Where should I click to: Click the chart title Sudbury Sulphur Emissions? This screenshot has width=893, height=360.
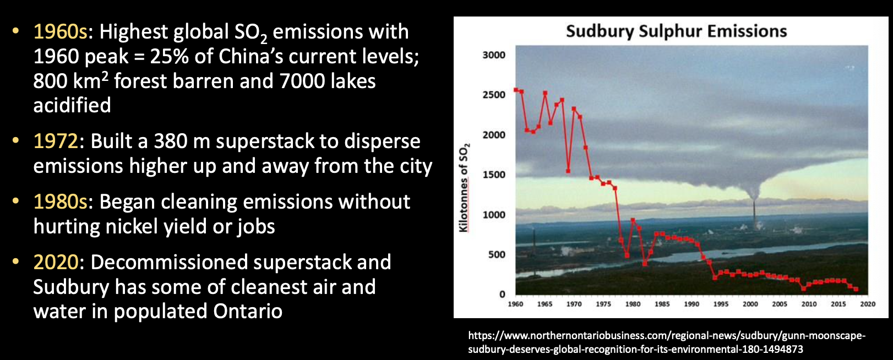coord(677,31)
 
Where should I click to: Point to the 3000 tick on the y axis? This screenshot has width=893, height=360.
coord(493,55)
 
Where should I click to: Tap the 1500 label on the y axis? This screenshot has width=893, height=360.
coord(493,174)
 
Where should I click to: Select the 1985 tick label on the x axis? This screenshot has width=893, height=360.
coord(662,304)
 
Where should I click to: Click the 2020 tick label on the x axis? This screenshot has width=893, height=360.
coord(868,304)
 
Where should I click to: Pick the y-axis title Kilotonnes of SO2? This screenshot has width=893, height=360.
coord(464,187)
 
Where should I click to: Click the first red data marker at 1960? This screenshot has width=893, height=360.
coord(516,90)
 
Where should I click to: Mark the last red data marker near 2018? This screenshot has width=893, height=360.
coord(856,289)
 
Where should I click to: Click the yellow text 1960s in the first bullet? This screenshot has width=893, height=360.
coord(60,32)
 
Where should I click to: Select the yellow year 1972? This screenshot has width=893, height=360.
coord(56,141)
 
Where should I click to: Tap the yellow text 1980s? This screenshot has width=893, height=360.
coord(60,201)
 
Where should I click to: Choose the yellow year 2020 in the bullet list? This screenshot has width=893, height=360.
coord(56,263)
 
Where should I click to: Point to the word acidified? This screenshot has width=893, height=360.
coord(72,105)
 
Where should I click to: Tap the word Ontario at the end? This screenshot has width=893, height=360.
coord(248,312)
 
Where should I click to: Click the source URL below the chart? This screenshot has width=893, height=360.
coord(667,342)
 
